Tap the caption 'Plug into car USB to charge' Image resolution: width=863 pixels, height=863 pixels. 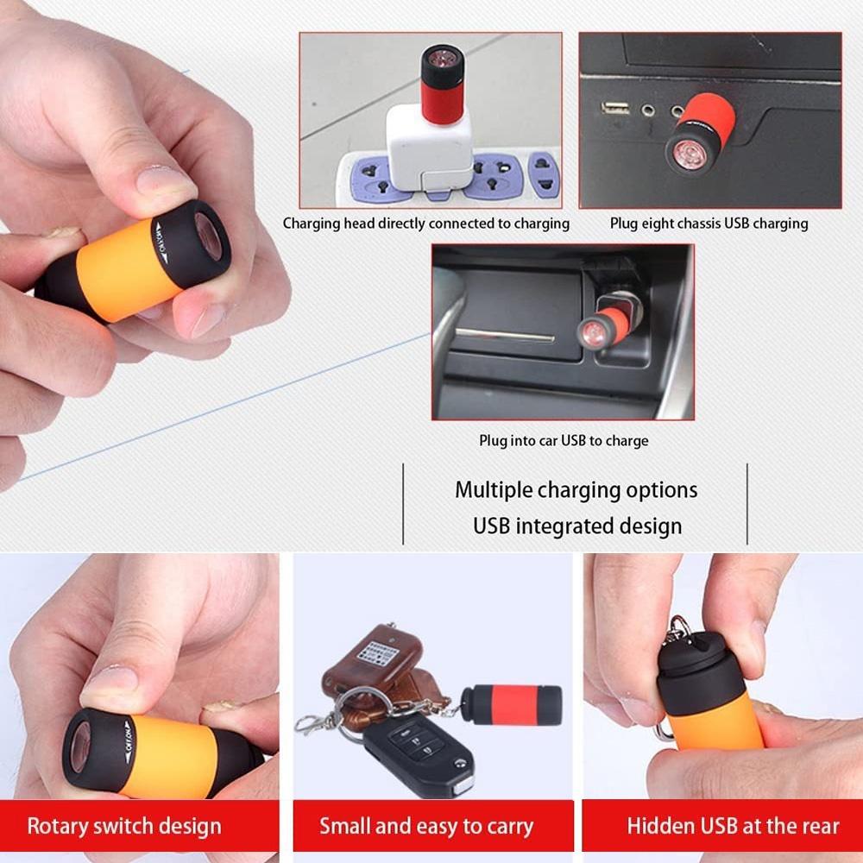(564, 441)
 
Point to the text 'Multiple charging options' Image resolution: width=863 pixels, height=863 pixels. (576, 490)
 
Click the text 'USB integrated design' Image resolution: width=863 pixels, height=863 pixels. (576, 526)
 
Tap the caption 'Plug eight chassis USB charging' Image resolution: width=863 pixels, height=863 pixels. (709, 224)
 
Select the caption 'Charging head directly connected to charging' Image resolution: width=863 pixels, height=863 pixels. (426, 224)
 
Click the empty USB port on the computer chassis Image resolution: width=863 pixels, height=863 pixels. (615, 108)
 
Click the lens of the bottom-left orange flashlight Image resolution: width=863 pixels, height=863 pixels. (82, 741)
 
